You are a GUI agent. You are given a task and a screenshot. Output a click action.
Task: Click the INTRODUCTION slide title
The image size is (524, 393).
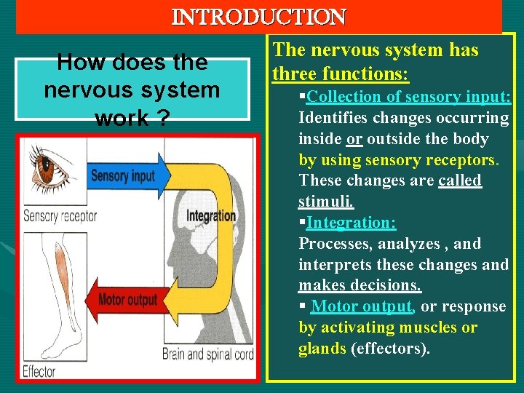click(259, 15)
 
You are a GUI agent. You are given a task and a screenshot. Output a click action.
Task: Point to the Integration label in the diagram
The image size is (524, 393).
click(211, 215)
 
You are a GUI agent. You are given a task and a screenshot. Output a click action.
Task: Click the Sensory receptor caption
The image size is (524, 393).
click(60, 216)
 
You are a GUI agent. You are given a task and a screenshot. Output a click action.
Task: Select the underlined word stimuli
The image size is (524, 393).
click(326, 202)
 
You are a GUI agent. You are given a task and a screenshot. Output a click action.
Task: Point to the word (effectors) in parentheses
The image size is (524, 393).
click(390, 349)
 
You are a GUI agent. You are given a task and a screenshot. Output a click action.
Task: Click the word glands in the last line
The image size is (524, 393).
click(322, 349)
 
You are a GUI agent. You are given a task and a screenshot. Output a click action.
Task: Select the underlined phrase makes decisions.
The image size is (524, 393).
click(360, 285)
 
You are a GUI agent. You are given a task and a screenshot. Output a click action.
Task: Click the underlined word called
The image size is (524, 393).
click(460, 180)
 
